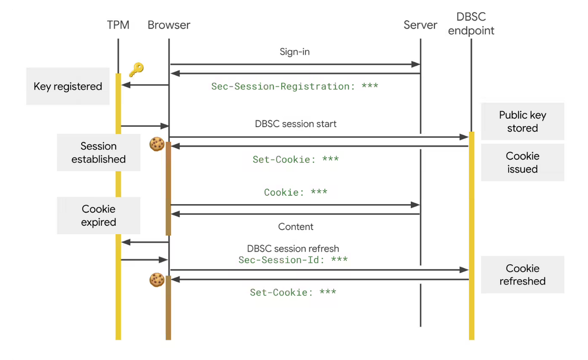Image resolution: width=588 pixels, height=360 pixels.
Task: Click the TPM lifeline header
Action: tap(118, 25)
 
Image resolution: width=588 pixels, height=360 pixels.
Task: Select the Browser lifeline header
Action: tap(168, 25)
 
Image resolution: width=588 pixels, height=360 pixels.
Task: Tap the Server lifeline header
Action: tap(420, 25)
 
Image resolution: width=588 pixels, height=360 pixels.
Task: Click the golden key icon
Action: tap(136, 69)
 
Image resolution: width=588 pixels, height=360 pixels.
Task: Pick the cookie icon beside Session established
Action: tap(156, 144)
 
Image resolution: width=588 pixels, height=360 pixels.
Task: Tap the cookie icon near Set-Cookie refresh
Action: tap(156, 280)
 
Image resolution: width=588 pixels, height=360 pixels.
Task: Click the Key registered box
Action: tap(68, 86)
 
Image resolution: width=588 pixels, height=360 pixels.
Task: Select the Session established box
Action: tap(99, 153)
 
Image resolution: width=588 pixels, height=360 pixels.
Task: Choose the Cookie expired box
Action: tap(99, 215)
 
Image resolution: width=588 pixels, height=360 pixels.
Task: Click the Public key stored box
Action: tap(522, 122)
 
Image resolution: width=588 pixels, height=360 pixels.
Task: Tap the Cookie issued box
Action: tap(522, 162)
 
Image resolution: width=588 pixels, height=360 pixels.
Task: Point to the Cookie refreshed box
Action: tap(522, 275)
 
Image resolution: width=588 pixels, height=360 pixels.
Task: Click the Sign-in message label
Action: tap(294, 52)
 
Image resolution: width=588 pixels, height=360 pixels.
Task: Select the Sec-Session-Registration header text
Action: tap(294, 86)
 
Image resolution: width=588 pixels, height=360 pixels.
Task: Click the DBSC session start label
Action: tap(296, 124)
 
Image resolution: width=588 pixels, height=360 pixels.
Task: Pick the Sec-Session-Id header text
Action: tap(293, 260)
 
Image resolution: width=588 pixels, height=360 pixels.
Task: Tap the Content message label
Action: tap(296, 227)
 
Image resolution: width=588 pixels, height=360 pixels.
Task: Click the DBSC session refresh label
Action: tap(293, 249)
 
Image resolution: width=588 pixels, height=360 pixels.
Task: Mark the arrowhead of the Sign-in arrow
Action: tap(416, 64)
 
